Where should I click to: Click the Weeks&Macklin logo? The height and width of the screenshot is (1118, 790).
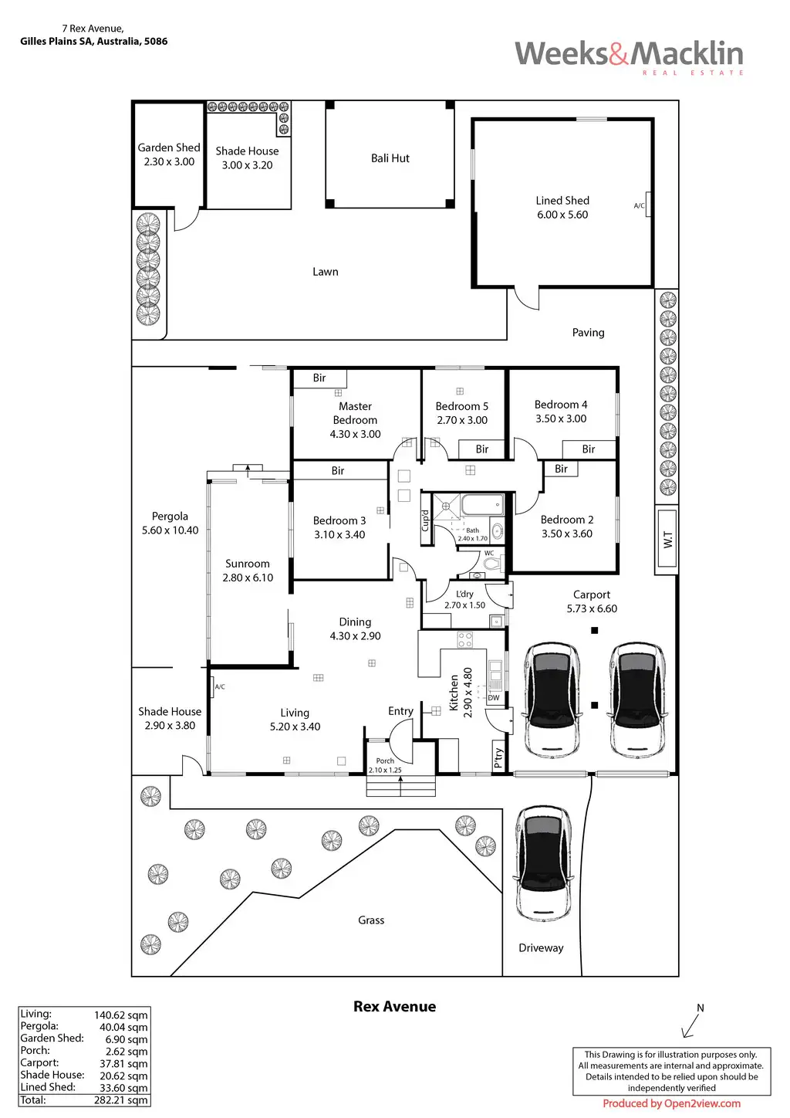pos(629,55)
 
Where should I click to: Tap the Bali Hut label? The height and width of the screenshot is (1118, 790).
pos(390,158)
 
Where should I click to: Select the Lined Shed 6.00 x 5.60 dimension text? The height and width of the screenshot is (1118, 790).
pos(562,215)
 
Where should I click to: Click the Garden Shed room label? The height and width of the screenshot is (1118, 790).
pos(169,147)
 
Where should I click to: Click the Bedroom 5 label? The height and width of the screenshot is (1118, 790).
pos(461,406)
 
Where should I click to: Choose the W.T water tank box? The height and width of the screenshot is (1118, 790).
pos(667,540)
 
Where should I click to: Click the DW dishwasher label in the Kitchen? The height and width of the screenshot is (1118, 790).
pos(494,698)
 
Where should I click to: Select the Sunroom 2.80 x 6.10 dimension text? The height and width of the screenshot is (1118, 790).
pos(248,578)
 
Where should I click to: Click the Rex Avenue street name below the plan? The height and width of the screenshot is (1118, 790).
pos(394,1007)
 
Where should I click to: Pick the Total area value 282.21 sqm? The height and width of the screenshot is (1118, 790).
pos(121,1100)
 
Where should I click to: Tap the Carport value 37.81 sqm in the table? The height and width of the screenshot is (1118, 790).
pos(121,1063)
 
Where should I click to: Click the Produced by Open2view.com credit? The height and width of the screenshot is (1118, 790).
pos(671,1103)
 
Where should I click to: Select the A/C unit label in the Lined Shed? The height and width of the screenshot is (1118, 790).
pos(640,205)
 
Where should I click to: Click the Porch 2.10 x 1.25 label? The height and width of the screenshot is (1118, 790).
pos(385,765)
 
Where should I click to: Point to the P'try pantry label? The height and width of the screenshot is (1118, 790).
pos(498,758)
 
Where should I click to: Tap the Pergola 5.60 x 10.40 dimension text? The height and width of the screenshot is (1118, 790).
pos(170,530)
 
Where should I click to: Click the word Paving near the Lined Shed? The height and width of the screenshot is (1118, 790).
pos(588,333)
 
